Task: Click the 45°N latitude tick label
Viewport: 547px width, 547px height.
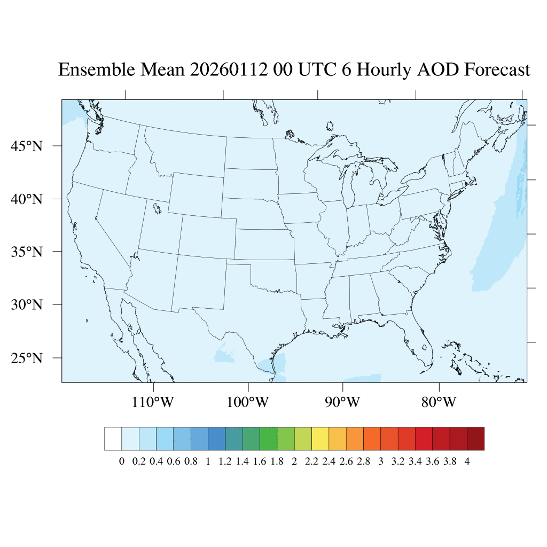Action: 27,146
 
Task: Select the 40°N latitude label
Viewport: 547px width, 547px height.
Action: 27,199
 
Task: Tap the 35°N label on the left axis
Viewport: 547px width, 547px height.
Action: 27,252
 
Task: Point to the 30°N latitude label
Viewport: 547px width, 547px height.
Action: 27,304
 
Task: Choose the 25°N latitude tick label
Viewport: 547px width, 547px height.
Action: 27,357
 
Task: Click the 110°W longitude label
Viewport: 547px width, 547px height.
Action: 153,402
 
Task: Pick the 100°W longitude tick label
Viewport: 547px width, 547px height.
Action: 248,402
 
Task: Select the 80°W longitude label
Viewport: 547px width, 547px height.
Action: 439,402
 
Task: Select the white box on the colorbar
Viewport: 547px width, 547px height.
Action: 113,439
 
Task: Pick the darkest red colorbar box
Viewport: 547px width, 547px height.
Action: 475,439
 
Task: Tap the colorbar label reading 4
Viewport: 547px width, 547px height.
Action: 467,462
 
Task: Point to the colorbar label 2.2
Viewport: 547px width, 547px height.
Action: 311,462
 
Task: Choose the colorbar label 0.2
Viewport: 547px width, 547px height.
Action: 139,462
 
